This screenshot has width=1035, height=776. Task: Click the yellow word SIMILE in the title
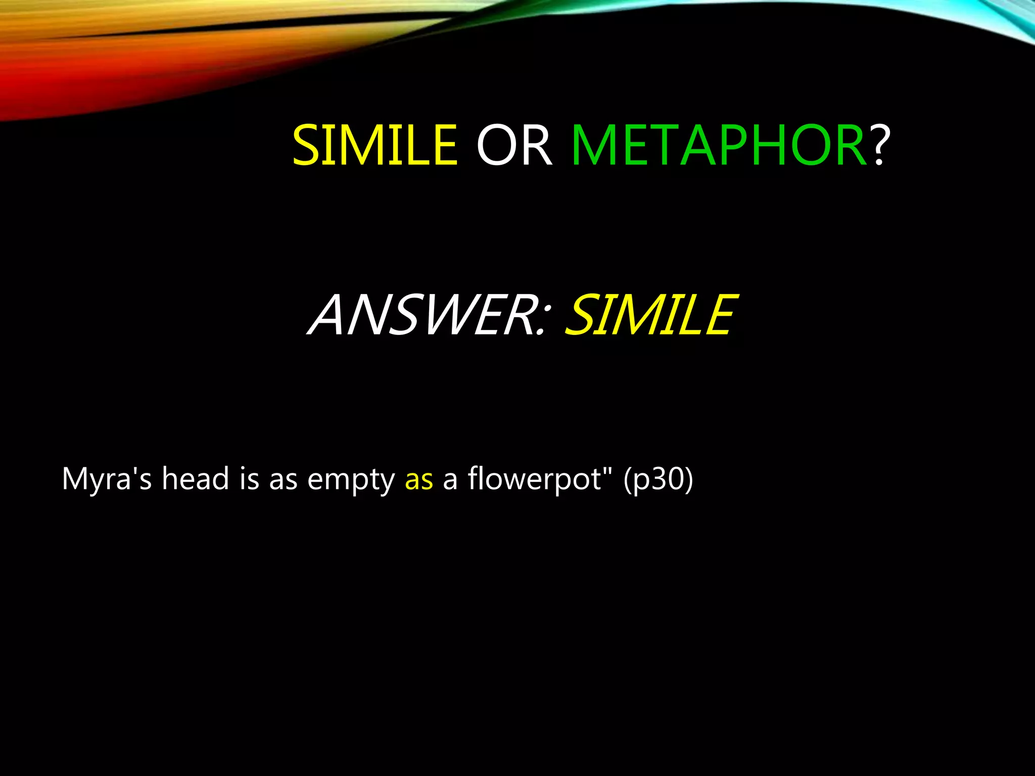pyautogui.click(x=375, y=145)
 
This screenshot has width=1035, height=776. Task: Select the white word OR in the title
pyautogui.click(x=514, y=145)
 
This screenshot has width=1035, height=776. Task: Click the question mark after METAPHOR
pyautogui.click(x=879, y=145)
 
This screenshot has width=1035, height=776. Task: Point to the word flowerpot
pyautogui.click(x=533, y=479)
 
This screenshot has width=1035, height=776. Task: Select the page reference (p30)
pyautogui.click(x=658, y=479)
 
